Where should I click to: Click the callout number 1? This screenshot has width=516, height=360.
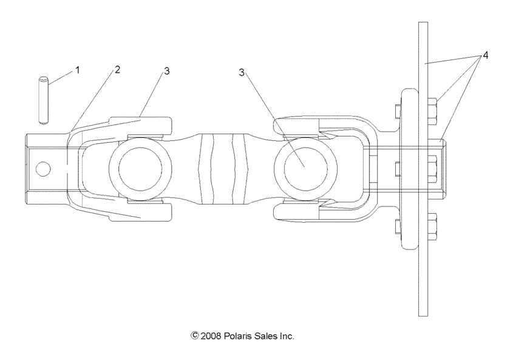(x=77, y=70)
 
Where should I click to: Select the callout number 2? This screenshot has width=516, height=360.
(x=117, y=69)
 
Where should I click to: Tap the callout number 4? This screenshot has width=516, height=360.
(x=485, y=55)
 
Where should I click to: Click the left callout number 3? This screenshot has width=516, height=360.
(x=166, y=71)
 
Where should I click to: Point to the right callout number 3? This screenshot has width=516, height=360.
(x=242, y=72)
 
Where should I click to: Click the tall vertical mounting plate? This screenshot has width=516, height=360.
(x=423, y=273)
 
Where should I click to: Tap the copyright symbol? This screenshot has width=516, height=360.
(x=195, y=336)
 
